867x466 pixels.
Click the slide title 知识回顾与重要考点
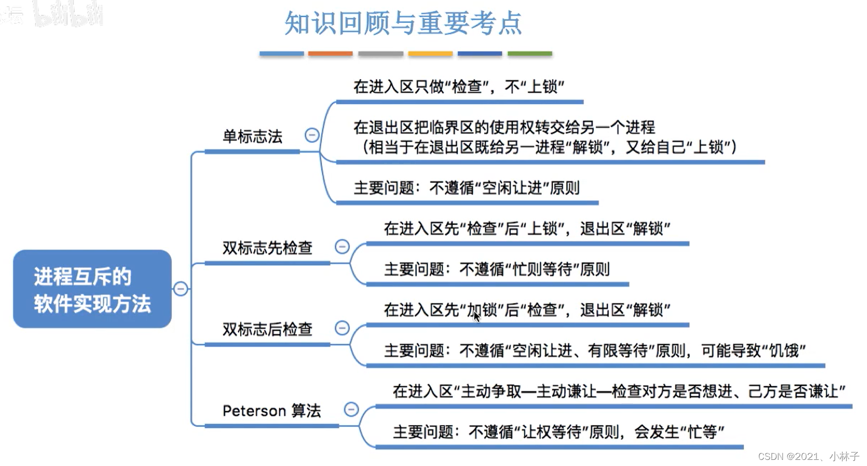(x=403, y=23)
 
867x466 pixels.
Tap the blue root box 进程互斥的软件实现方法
(x=92, y=289)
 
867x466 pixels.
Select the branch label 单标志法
(x=252, y=137)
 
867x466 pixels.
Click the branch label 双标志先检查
(x=267, y=248)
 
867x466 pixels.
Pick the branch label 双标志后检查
(x=267, y=329)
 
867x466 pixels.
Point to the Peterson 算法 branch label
(x=272, y=411)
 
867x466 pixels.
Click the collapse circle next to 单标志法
(x=312, y=135)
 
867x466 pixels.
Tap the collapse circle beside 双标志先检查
(x=342, y=246)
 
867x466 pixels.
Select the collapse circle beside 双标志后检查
(x=342, y=328)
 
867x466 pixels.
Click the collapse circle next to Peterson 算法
(x=351, y=409)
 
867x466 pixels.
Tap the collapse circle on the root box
(x=181, y=289)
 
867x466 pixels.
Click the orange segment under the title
(x=330, y=53)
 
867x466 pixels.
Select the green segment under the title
(x=530, y=53)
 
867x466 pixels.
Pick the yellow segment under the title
(x=430, y=53)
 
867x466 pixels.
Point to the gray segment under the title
(x=381, y=53)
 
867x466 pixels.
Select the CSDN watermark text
(x=808, y=456)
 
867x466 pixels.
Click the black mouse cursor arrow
(x=476, y=317)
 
